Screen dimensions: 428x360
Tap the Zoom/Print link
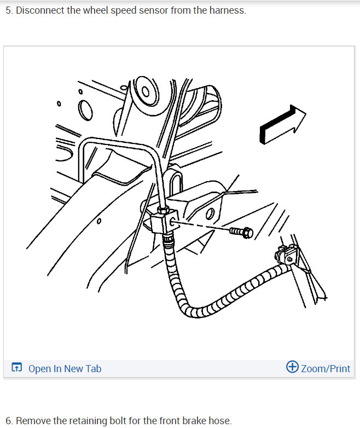click(x=325, y=368)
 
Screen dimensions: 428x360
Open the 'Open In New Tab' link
click(x=65, y=368)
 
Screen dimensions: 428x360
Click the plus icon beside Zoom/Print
click(x=292, y=367)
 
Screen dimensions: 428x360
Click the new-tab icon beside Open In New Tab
click(x=17, y=368)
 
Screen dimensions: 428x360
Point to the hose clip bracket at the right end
click(x=285, y=256)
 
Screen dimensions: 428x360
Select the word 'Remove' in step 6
click(x=34, y=420)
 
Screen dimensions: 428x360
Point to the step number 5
click(x=8, y=10)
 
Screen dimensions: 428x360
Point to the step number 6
click(x=8, y=420)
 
